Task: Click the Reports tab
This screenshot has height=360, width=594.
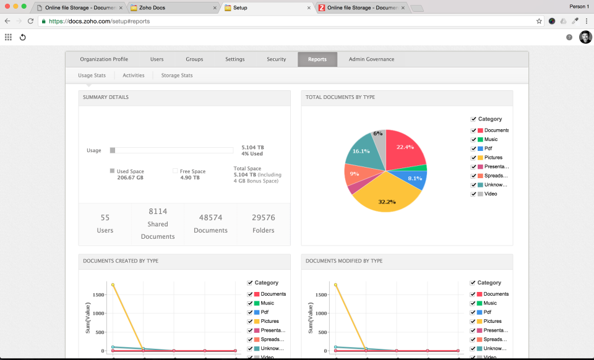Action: [317, 59]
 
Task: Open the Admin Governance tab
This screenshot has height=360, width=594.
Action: [371, 59]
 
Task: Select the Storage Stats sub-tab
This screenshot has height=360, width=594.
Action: [177, 75]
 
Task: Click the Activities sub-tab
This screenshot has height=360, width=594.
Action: [134, 75]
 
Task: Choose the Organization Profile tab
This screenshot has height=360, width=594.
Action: [104, 59]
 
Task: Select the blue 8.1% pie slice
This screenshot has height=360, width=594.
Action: [414, 179]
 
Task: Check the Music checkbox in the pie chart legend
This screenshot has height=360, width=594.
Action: [473, 140]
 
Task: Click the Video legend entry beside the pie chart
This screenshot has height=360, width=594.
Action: [490, 194]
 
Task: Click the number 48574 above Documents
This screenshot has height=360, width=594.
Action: [210, 218]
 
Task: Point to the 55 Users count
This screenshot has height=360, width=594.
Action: [105, 218]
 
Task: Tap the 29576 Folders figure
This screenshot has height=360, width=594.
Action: [264, 218]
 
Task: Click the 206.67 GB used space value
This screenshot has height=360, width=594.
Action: [131, 178]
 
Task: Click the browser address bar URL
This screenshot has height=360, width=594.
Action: [102, 21]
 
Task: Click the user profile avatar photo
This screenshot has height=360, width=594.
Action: [585, 37]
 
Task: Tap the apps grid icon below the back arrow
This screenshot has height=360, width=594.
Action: [9, 37]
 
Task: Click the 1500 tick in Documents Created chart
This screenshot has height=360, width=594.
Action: [98, 295]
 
